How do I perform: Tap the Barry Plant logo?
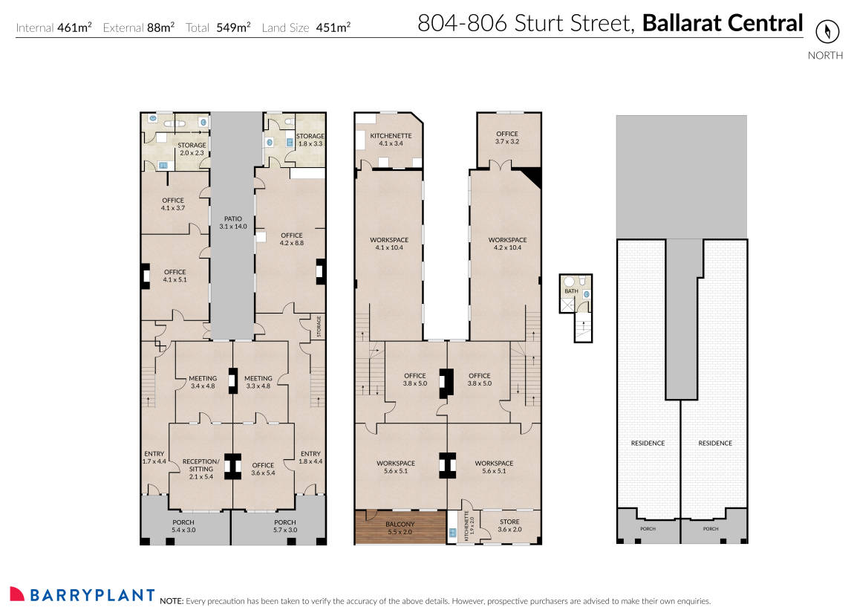tap(82, 594)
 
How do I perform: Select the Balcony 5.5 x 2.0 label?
tap(400, 528)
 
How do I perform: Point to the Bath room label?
tap(570, 291)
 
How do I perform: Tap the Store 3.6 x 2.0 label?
tap(509, 525)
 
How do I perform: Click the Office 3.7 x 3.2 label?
tap(507, 137)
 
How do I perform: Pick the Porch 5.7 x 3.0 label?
tap(286, 526)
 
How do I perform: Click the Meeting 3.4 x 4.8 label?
tap(203, 382)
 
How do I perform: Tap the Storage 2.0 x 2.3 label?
tap(191, 149)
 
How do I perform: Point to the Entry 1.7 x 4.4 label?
tap(154, 458)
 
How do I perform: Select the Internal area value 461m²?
tap(74, 28)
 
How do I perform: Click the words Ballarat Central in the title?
tap(722, 23)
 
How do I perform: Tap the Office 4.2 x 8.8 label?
tap(292, 239)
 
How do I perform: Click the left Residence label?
tap(648, 443)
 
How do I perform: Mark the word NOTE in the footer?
tap(171, 600)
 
